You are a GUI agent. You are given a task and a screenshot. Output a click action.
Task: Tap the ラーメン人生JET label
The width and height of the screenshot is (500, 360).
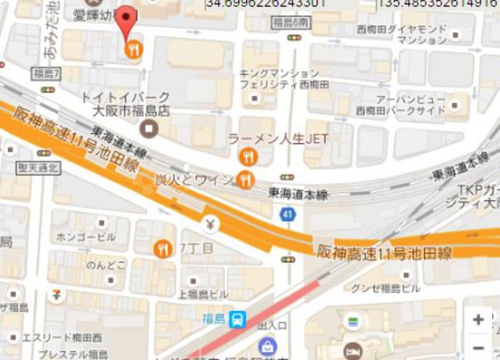tap(277, 139)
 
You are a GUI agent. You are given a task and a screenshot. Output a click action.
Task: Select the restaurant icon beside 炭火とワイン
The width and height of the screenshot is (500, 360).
tap(245, 181)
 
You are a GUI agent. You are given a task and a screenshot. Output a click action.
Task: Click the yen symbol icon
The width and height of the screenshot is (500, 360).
tap(209, 226)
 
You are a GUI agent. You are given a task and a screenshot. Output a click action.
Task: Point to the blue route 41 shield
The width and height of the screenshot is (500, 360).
tap(288, 214)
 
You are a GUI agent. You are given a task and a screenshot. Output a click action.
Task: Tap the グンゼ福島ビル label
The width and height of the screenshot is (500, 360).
tap(386, 288)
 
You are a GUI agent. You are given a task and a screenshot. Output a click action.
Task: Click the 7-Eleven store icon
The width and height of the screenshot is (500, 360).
tap(56, 295)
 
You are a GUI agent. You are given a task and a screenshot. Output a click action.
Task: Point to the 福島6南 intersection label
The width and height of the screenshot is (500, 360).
tap(291, 23)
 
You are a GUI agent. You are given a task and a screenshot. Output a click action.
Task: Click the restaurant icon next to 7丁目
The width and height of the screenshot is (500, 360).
tap(164, 248)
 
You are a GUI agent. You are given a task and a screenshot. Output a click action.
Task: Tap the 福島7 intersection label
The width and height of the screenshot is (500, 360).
tap(47, 73)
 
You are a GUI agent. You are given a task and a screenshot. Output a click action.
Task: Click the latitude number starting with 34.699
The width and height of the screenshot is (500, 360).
tap(258, 5)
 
